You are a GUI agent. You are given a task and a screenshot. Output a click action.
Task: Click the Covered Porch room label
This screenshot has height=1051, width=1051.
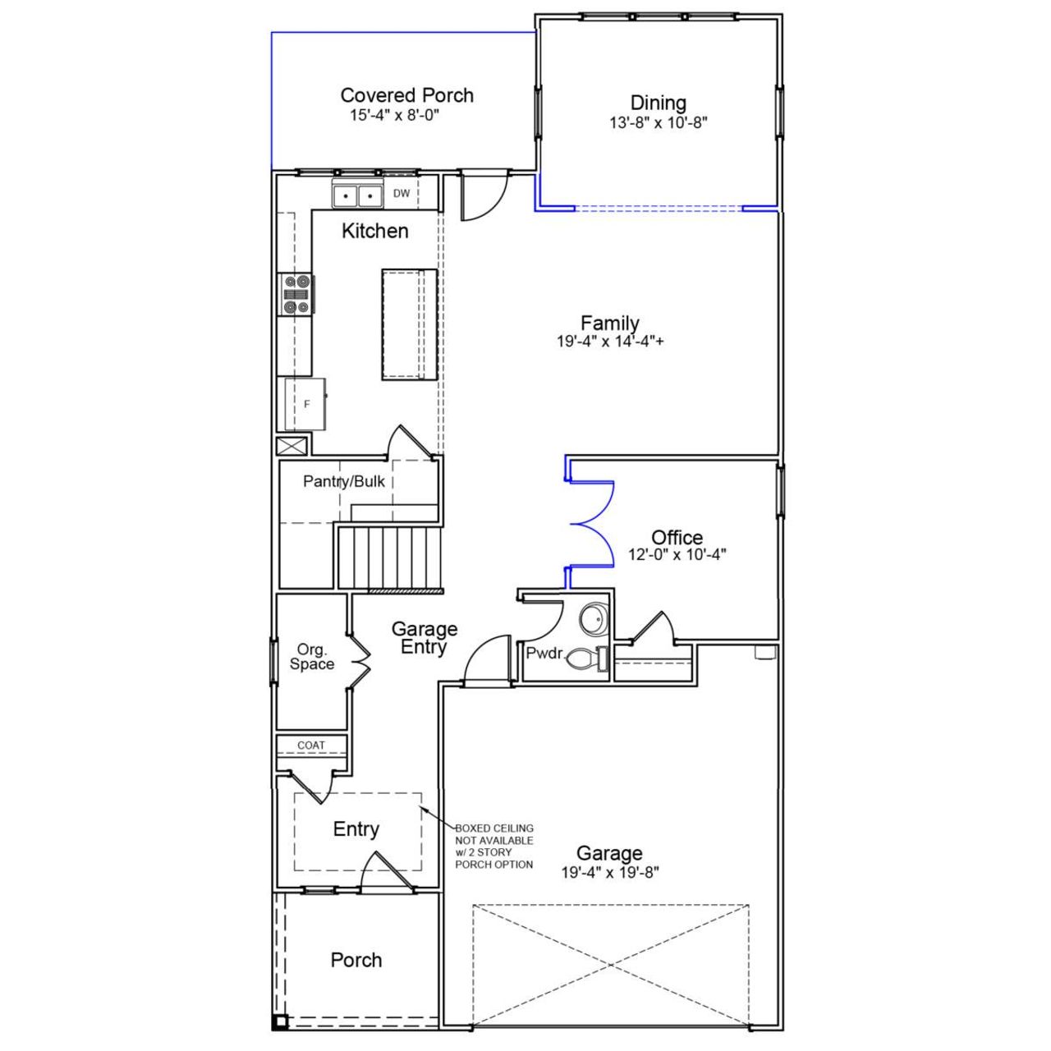click(406, 95)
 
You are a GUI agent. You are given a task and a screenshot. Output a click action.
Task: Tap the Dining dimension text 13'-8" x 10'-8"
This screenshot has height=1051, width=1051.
click(658, 123)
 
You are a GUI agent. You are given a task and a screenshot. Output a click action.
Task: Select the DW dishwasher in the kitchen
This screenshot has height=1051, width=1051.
click(402, 194)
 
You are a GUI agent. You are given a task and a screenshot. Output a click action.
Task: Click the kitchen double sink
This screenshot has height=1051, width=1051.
click(358, 196)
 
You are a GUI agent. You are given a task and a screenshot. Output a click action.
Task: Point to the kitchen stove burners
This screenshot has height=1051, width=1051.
click(296, 295)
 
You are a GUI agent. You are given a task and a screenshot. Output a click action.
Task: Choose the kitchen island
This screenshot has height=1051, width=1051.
click(409, 324)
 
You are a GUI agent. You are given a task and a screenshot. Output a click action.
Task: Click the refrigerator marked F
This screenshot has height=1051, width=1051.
click(305, 404)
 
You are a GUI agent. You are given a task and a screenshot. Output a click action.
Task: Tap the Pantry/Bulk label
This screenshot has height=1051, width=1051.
click(343, 481)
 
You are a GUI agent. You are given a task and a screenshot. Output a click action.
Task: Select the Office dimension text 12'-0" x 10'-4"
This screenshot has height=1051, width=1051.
click(677, 555)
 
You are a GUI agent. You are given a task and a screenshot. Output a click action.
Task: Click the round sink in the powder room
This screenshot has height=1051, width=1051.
click(593, 619)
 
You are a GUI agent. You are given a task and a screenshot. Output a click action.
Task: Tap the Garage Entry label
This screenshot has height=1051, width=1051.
click(424, 638)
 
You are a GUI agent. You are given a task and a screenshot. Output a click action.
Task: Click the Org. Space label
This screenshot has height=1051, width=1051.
click(311, 657)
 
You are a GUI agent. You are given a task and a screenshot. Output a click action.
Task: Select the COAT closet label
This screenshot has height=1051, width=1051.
click(311, 746)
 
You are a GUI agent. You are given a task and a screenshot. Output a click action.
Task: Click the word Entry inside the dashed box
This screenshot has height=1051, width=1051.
click(356, 829)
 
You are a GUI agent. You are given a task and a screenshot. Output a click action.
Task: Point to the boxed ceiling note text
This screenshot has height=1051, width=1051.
click(494, 847)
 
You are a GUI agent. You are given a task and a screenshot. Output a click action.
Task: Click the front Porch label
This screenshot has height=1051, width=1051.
click(356, 960)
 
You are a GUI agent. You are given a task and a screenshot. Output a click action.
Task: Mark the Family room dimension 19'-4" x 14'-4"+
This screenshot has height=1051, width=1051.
click(609, 342)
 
